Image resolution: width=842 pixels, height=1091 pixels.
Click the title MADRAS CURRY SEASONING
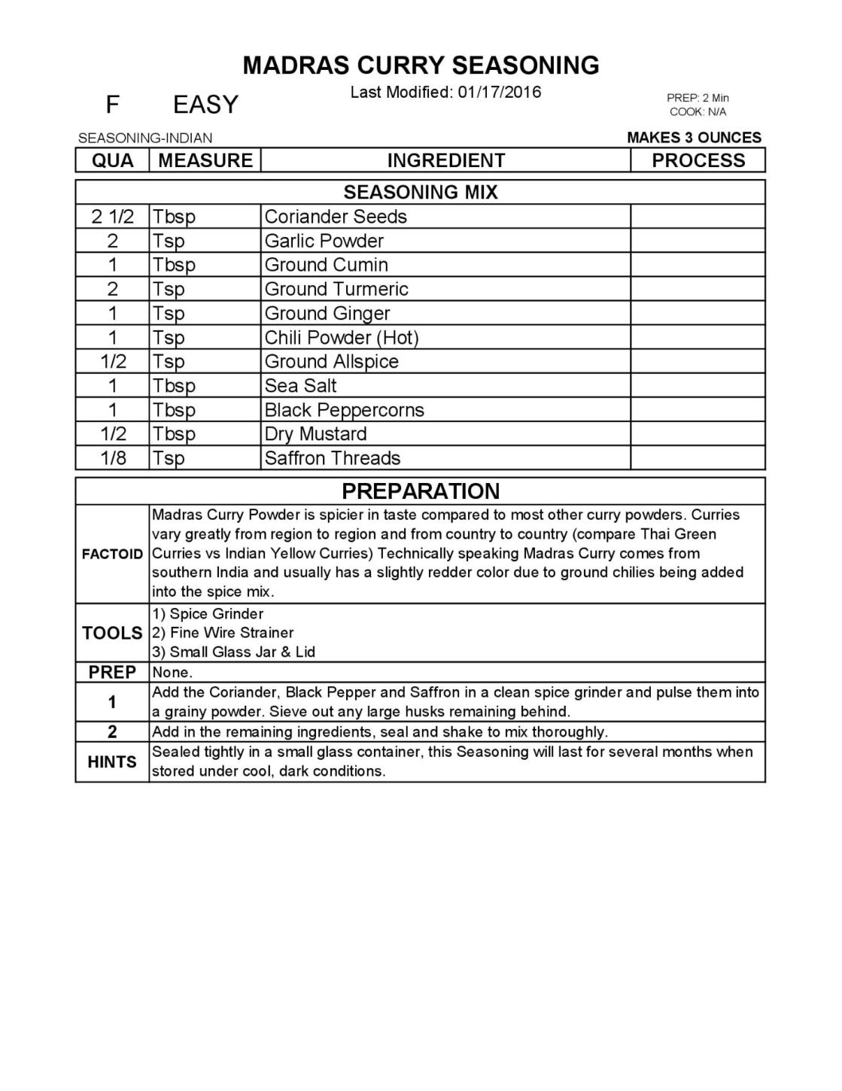421,65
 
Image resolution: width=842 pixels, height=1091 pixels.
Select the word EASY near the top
205,104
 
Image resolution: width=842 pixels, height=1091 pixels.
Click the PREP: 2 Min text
698,98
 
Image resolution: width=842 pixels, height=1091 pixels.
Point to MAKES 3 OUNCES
694,138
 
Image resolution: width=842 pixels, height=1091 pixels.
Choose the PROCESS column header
698,160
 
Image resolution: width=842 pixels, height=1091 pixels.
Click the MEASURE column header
205,160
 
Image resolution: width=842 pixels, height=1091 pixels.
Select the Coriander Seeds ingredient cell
336,217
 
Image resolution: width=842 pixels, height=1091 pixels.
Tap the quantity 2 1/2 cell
113,217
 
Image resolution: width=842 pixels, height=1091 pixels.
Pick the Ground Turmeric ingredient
336,289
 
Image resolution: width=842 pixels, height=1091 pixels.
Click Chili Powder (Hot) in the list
341,337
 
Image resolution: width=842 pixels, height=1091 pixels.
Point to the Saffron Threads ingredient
333,458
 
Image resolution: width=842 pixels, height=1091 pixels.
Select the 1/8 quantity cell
113,458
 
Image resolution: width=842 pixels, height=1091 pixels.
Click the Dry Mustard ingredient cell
316,434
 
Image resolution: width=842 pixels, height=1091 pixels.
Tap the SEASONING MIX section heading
421,192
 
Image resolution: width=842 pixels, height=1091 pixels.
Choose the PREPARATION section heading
421,491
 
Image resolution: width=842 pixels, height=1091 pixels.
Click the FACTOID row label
112,555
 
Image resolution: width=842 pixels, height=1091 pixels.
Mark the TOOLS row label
112,633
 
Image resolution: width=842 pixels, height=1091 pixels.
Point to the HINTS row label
112,762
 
